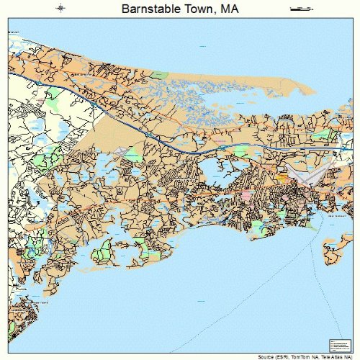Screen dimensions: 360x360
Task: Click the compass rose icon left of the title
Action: [61, 9]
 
